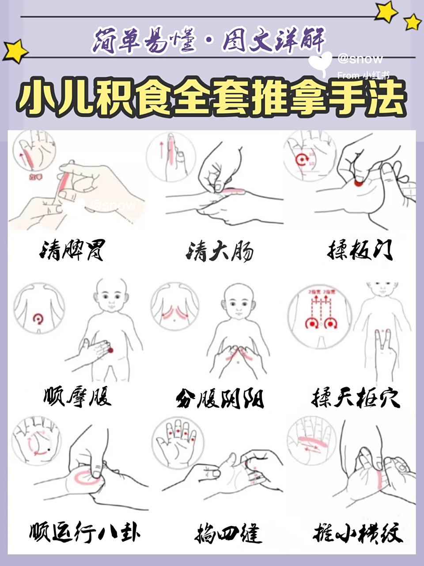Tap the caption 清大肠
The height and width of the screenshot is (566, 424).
point(220,251)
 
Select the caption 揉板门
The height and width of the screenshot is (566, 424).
point(360,250)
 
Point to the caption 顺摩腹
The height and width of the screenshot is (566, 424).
point(78,396)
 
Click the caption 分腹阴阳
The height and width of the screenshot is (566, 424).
point(220,398)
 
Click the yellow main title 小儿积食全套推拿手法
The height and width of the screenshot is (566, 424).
point(212,98)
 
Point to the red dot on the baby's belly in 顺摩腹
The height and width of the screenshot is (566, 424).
point(110,350)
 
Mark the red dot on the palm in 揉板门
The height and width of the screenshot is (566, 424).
point(359,183)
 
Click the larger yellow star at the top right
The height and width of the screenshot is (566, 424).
point(386,12)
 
